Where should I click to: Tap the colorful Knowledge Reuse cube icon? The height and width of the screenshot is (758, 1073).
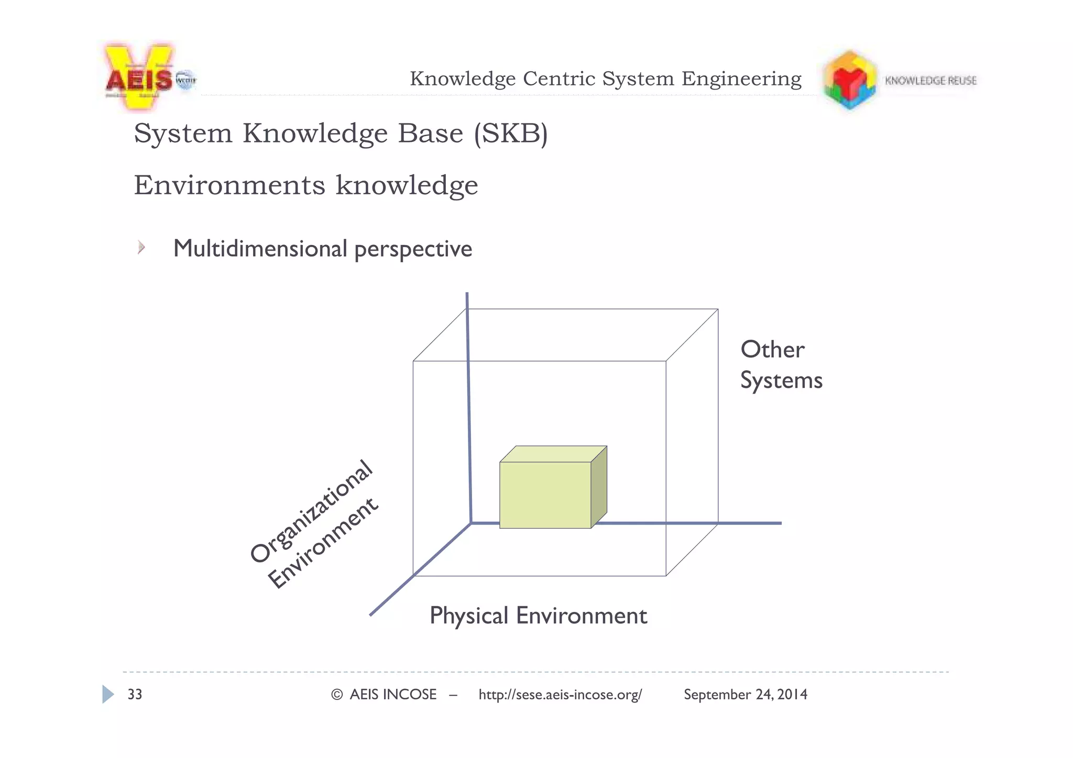[x=849, y=80]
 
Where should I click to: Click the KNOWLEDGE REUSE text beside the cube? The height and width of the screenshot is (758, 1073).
[x=930, y=81]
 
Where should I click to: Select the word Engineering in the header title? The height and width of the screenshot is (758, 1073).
[x=741, y=79]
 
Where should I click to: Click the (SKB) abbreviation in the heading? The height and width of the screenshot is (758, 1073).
[x=511, y=133]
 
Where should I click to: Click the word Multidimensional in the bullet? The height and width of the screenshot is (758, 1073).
[x=260, y=248]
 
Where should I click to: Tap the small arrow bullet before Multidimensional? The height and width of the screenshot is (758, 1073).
[x=141, y=247]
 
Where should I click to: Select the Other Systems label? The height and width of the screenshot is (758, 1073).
[x=781, y=364]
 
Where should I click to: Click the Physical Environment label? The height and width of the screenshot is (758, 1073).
[x=538, y=616]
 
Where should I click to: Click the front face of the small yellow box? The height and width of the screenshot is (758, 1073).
[x=545, y=495]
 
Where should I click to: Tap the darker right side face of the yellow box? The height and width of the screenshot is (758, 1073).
[x=599, y=487]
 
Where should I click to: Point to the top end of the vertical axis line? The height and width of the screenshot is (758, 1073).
[x=467, y=295]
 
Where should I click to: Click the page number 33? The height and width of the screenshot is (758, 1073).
[x=135, y=694]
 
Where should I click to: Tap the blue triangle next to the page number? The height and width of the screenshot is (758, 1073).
[x=107, y=694]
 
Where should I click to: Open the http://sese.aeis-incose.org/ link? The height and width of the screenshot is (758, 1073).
[x=560, y=695]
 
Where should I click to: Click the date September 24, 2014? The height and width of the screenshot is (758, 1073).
[x=745, y=695]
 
